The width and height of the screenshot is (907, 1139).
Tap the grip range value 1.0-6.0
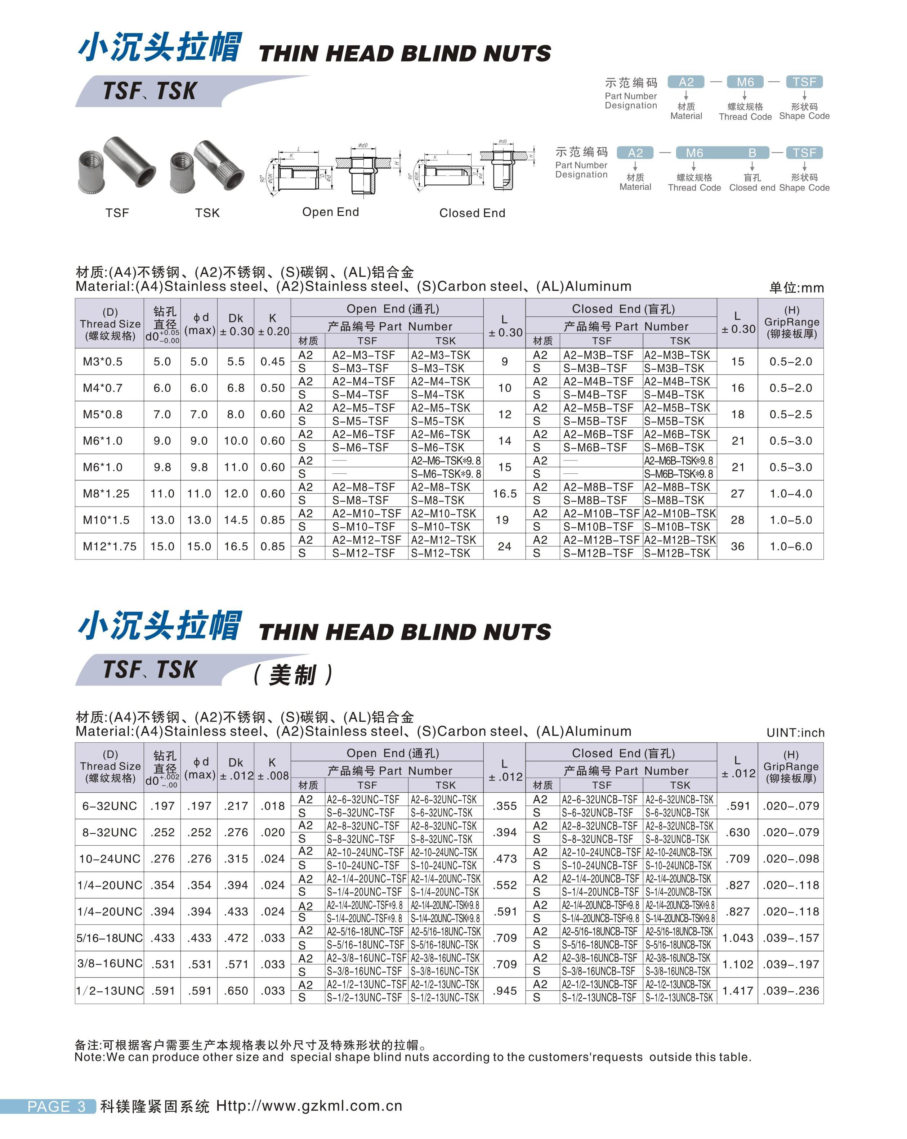coord(790,546)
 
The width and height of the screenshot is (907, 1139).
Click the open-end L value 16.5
coord(504,494)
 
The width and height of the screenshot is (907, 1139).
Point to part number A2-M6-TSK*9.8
coord(446,461)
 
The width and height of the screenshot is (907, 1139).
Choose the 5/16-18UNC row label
coord(110,938)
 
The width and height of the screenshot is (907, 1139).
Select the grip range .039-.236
coord(790,991)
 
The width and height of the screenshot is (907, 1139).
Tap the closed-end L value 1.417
coord(737,991)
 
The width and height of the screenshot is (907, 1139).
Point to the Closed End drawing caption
coord(472,213)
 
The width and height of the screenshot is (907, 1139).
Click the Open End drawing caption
coord(330,212)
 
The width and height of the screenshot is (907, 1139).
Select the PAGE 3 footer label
coord(56,1106)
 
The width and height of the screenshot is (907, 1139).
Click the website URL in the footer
coord(309,1106)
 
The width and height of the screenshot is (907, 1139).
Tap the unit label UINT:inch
coord(795,733)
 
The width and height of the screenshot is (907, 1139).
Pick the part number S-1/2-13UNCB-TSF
coord(599,998)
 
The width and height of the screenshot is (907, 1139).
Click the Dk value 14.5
coord(236,520)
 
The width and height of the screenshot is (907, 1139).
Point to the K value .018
coord(272,806)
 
